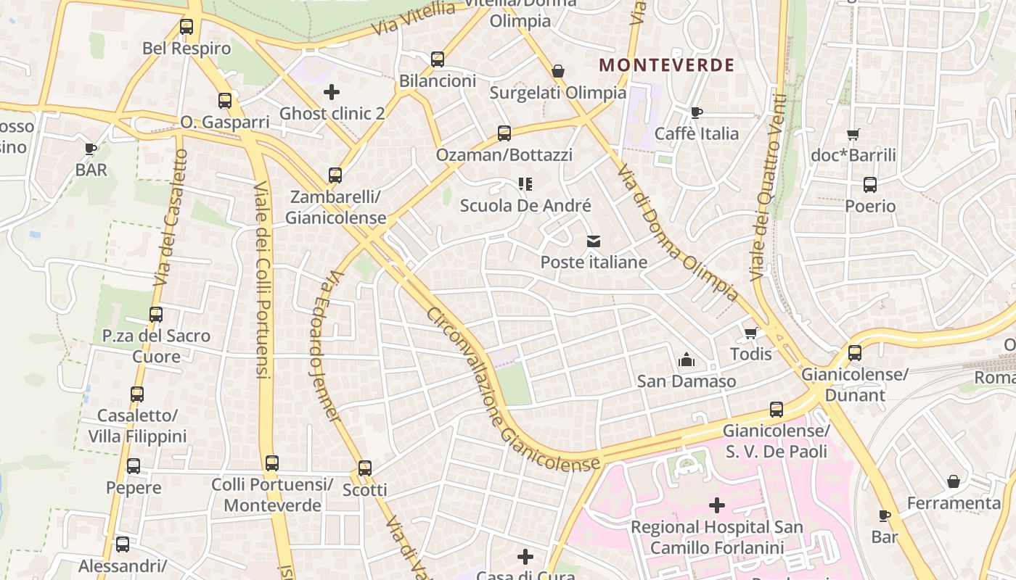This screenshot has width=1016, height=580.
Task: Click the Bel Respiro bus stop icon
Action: pos(187,28)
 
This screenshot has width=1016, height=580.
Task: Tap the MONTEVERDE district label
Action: pos(667,65)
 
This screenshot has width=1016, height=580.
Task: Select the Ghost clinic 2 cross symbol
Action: pos(332,92)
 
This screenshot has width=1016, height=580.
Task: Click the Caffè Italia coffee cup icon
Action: pos(697,112)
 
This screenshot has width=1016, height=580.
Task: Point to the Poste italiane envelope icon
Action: pos(594,241)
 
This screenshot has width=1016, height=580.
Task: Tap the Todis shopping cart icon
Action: pos(750,333)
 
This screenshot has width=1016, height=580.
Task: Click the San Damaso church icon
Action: pos(686,360)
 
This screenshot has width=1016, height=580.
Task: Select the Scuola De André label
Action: pos(526,206)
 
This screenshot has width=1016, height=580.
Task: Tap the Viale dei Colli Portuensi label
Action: pos(262,279)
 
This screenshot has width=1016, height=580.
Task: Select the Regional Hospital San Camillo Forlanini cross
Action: pos(717,505)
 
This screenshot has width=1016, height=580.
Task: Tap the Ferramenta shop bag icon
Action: pos(954,482)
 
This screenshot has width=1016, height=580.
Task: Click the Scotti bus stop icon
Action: pos(365,468)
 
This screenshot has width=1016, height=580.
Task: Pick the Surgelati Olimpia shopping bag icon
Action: pos(558,71)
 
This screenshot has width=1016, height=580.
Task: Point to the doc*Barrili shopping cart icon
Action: pos(853,134)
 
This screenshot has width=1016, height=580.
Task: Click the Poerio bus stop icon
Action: pos(870,185)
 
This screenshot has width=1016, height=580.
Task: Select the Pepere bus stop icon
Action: pos(134,466)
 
